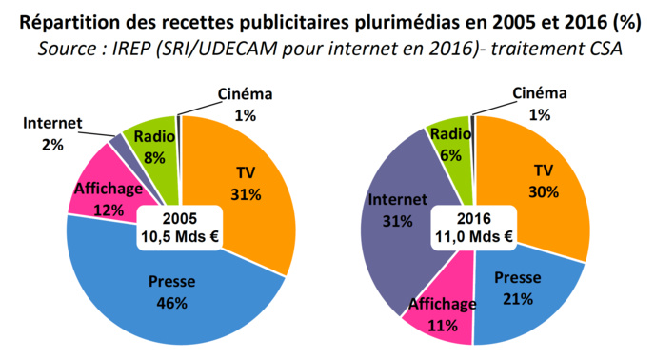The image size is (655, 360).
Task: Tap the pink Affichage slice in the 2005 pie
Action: click(100, 186)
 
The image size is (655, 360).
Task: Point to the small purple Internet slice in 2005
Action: click(117, 143)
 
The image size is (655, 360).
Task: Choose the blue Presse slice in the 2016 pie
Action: click(519, 290)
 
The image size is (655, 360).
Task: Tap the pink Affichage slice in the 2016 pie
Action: click(440, 314)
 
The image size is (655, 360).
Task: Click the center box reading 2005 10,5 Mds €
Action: click(179, 228)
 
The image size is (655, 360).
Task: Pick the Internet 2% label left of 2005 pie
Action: click(53, 133)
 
